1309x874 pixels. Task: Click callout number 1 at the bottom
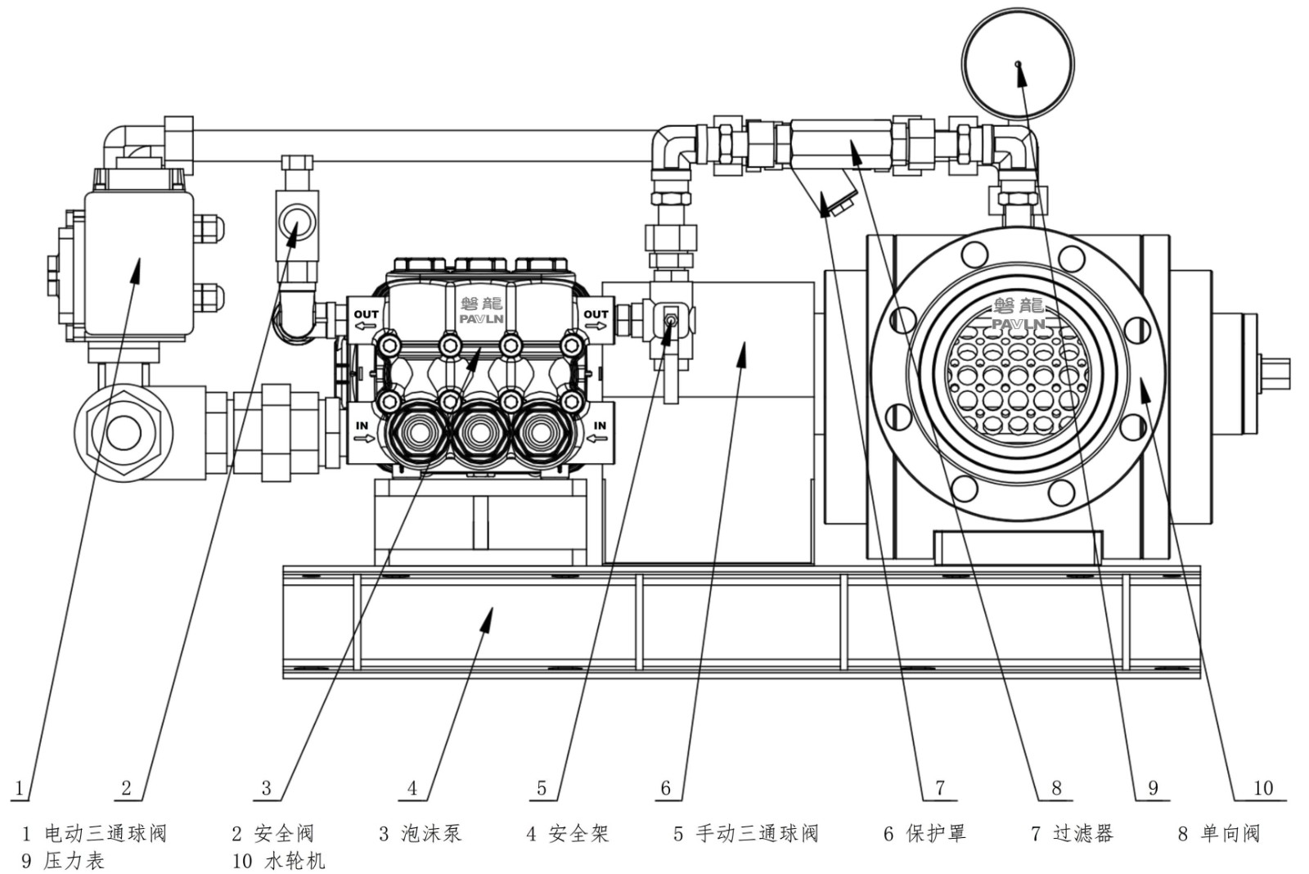[20, 788]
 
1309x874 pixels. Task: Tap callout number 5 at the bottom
[541, 788]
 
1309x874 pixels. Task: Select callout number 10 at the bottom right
[1263, 788]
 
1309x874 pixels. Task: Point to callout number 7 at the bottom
[940, 788]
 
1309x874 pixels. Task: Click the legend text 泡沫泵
[431, 834]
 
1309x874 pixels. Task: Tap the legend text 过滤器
[1082, 834]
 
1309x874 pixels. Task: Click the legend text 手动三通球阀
[757, 834]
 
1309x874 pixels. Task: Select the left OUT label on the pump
[366, 315]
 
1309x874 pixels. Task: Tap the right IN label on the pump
[600, 426]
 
